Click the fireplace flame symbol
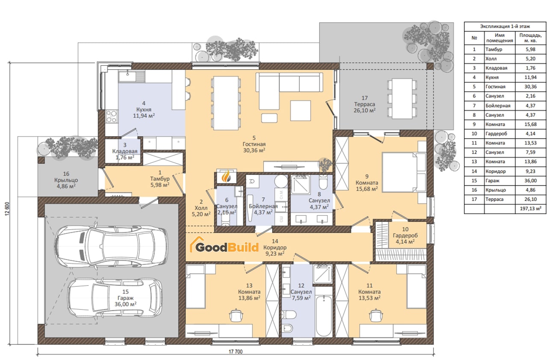click(226, 177)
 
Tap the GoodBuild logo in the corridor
click(225, 245)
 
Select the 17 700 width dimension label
click(236, 351)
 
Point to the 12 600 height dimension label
click(7, 209)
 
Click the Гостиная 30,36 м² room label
click(254, 144)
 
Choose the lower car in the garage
click(115, 298)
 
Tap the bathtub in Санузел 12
click(324, 316)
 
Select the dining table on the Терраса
click(402, 98)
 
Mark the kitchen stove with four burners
click(112, 116)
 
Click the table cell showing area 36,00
click(530, 180)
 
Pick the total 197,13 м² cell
click(530, 209)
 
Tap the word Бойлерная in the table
click(498, 106)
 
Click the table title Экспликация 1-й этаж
click(505, 27)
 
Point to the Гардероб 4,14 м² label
click(405, 235)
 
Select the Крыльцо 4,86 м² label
click(66, 180)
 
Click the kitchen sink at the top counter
click(132, 77)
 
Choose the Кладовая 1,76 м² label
click(125, 151)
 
